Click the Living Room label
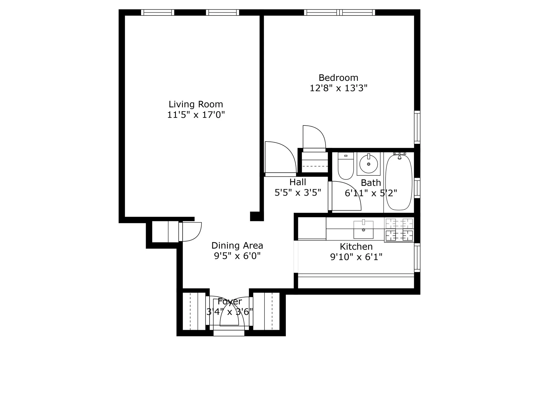tap(196, 104)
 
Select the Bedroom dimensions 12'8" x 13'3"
tap(338, 88)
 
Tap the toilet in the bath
tap(346, 166)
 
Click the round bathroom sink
tap(368, 164)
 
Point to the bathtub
tap(399, 182)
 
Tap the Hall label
tap(298, 182)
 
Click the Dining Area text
tap(237, 246)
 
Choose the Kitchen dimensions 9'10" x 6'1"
tap(356, 257)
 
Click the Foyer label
tap(229, 301)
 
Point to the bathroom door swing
tap(345, 196)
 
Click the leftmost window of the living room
tap(157, 12)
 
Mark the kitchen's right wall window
tap(417, 257)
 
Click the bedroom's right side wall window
tap(417, 127)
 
